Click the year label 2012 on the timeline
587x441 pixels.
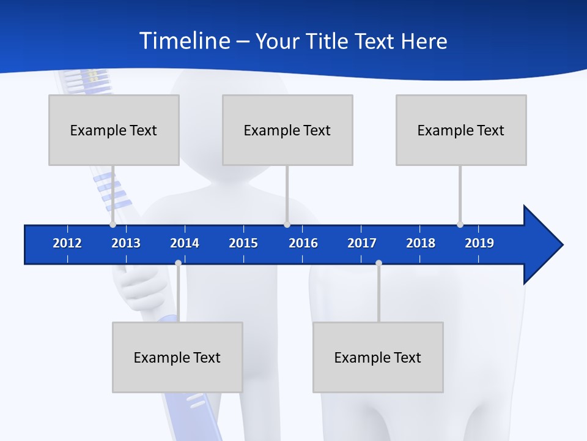(67, 243)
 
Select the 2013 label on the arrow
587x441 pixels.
(126, 243)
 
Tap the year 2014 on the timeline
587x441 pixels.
(185, 243)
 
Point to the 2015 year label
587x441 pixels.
(243, 243)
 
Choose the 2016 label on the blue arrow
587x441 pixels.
(303, 243)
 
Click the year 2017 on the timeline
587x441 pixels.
(362, 243)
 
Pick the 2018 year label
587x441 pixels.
(421, 243)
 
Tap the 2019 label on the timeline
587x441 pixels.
(479, 243)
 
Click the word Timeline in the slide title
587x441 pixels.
(185, 41)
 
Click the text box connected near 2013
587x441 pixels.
(114, 130)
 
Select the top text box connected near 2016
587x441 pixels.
(287, 130)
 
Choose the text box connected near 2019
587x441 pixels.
(461, 130)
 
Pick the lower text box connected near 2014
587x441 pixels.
(177, 357)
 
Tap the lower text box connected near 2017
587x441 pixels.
(378, 357)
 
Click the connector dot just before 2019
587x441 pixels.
(460, 224)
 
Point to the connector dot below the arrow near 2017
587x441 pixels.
(378, 263)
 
